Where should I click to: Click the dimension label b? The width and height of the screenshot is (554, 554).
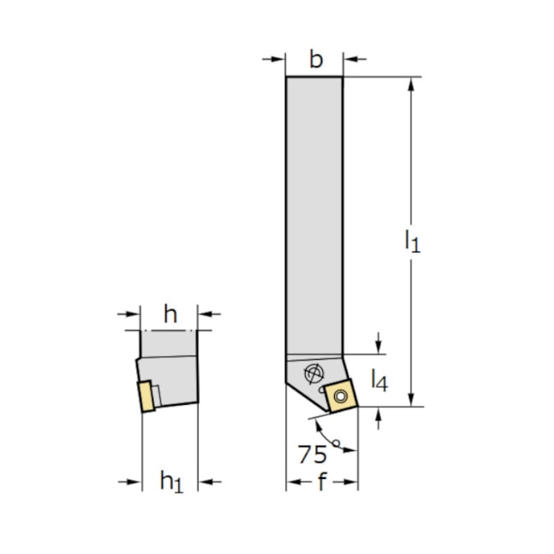click(x=316, y=60)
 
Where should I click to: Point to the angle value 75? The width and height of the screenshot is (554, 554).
click(x=312, y=453)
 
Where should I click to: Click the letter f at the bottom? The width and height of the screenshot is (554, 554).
click(x=322, y=483)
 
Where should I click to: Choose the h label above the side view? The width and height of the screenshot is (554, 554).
click(x=170, y=315)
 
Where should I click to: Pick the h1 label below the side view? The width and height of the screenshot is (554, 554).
click(x=171, y=483)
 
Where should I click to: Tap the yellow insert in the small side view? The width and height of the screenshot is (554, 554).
click(x=147, y=397)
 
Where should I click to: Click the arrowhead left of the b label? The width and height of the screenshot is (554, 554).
click(x=280, y=60)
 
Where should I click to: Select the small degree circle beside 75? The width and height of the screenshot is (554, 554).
click(x=337, y=443)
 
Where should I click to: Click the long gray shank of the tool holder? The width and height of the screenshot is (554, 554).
click(x=314, y=213)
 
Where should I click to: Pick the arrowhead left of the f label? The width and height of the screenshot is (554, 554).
click(x=292, y=483)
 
